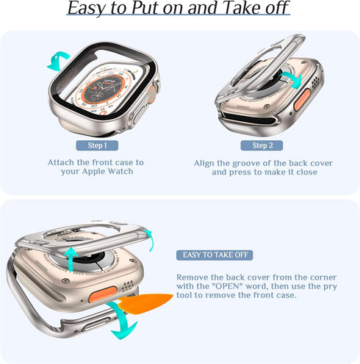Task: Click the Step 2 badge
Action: click(262, 145)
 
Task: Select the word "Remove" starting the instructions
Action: click(193, 276)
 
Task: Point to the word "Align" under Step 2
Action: click(206, 162)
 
